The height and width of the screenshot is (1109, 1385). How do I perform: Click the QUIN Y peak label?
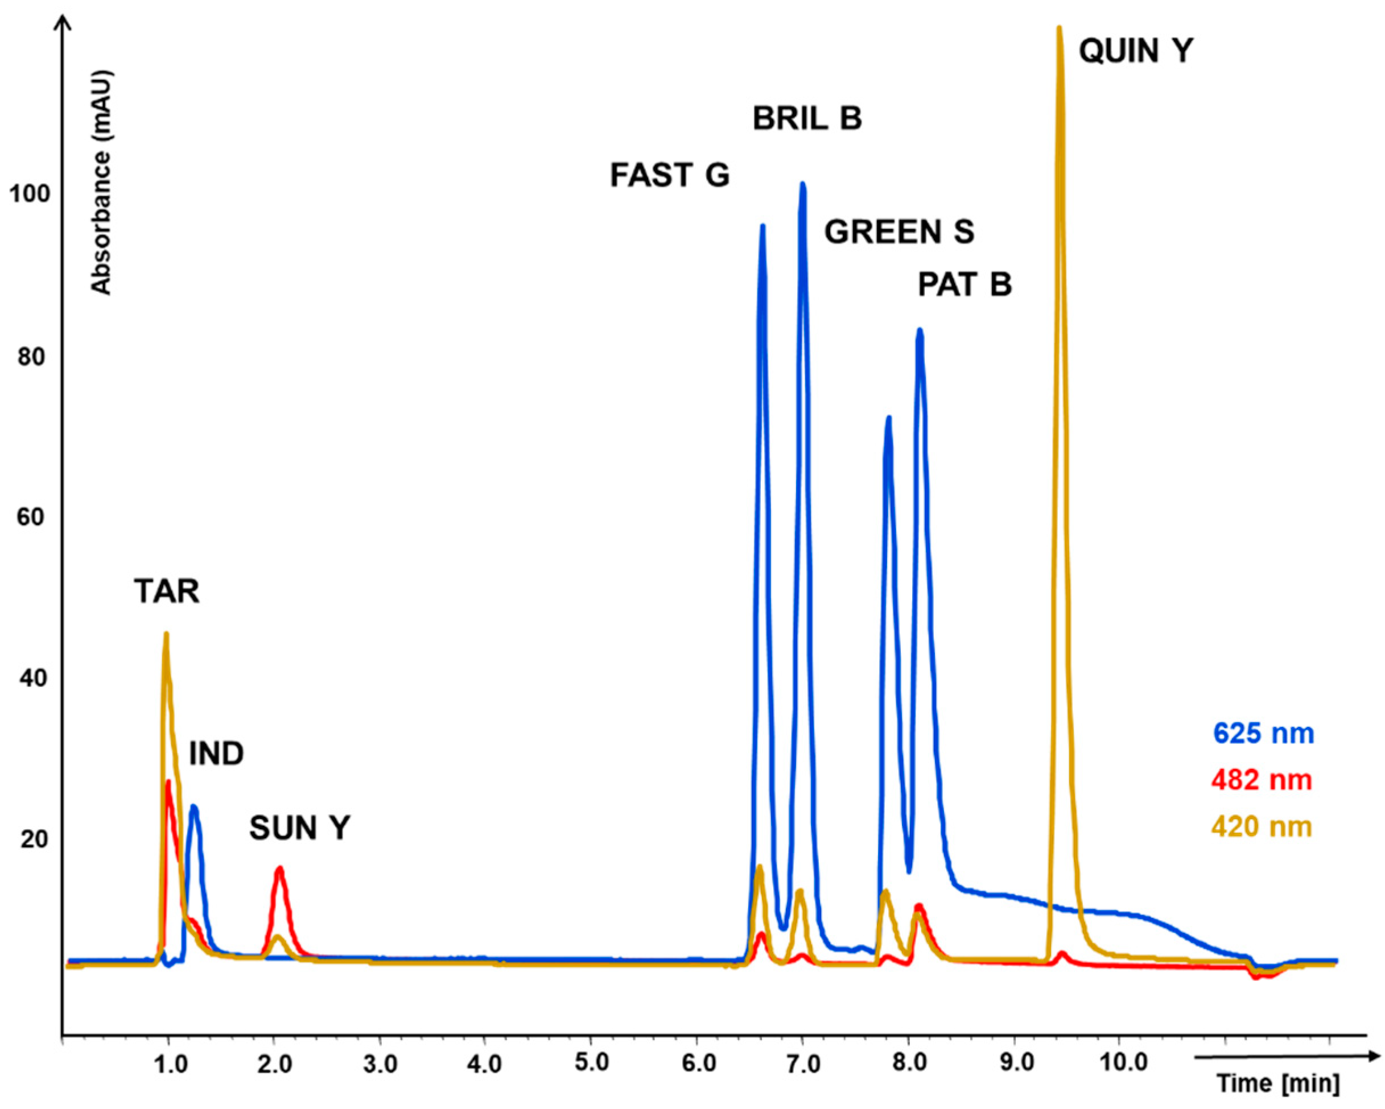click(x=1136, y=50)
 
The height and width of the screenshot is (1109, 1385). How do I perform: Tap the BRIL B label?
click(x=807, y=118)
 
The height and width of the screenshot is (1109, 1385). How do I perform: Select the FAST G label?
click(x=669, y=175)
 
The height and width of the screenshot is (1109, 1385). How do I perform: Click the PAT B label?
click(x=964, y=284)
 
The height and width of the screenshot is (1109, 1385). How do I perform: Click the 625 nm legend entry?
click(x=1263, y=733)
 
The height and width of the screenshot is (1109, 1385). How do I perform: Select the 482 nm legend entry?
click(x=1262, y=780)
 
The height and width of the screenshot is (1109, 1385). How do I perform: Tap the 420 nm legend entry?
click(x=1262, y=826)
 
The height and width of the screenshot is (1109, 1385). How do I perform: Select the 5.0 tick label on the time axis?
click(x=592, y=1063)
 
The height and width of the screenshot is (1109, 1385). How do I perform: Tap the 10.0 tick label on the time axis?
click(x=1122, y=1063)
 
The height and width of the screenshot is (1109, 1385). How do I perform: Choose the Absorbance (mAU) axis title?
click(x=101, y=183)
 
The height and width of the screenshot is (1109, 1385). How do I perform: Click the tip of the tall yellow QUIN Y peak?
click(x=1060, y=29)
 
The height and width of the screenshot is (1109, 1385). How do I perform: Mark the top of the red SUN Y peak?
click(x=279, y=869)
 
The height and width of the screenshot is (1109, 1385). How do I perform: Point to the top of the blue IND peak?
click(x=193, y=806)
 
